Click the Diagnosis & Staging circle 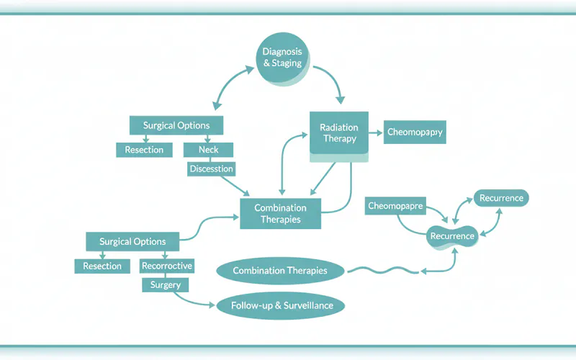(283, 57)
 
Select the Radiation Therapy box (338, 132)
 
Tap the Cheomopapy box (414, 132)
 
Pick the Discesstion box (211, 168)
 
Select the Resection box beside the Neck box (144, 150)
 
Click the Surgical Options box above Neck (176, 125)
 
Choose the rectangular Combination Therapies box (280, 213)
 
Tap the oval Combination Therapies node (280, 271)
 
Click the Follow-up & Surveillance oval (282, 305)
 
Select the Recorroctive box (167, 266)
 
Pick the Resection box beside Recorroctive (102, 266)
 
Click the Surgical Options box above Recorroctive (132, 241)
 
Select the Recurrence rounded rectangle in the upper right (502, 197)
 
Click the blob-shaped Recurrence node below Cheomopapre (452, 236)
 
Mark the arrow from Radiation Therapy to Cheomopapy (374, 132)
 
